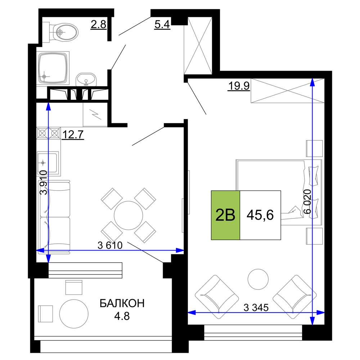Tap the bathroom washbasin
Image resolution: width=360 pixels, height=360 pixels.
(86, 80)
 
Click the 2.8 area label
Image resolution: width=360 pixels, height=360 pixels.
(99, 24)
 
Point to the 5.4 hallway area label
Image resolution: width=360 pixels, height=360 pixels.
(162, 24)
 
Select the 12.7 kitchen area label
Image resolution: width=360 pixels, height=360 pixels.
(73, 135)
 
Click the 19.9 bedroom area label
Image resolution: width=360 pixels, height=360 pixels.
(239, 86)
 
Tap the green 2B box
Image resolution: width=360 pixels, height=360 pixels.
(225, 215)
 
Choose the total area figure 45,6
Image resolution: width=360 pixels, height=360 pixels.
(260, 215)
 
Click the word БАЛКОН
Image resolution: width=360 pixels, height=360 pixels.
(122, 303)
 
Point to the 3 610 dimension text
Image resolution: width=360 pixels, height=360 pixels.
(110, 245)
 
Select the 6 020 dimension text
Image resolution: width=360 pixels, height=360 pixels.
(307, 201)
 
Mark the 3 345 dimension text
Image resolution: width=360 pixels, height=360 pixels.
(256, 307)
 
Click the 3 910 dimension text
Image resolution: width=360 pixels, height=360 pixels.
(44, 183)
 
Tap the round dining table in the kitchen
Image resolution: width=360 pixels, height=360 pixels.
(129, 215)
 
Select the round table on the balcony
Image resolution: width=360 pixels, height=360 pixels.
(74, 314)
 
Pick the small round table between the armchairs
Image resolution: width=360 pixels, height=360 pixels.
(258, 279)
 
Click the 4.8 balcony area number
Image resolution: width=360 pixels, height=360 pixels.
(122, 316)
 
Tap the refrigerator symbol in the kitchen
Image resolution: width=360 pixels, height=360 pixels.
(95, 114)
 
